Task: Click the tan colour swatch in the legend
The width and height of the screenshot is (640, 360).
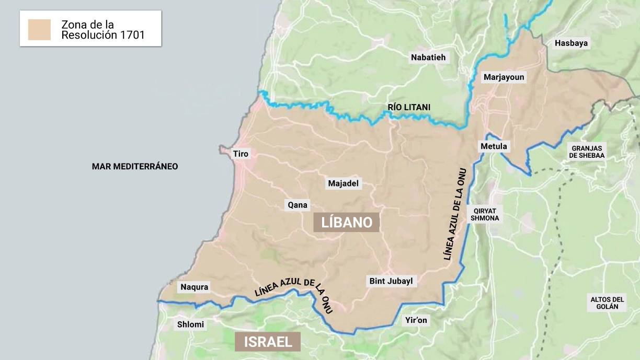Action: tap(40, 30)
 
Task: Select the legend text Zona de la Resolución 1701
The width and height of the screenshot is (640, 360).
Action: tap(102, 30)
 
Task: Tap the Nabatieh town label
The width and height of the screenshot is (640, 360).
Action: tap(428, 57)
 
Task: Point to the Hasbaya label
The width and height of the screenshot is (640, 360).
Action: tap(572, 43)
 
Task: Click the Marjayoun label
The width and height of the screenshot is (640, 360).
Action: tap(504, 77)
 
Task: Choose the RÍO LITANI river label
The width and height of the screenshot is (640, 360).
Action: tap(409, 107)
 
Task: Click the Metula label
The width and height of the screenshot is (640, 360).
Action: tap(494, 147)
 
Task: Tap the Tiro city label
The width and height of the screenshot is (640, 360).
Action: tap(241, 154)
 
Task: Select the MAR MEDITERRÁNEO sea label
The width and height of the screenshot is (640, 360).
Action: tap(135, 167)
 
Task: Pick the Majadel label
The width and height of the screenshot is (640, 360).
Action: tap(345, 184)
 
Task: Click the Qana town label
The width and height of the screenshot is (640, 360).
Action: tap(298, 205)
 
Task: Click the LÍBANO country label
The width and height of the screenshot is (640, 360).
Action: tap(346, 222)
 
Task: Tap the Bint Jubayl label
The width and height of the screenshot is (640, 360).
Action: tap(391, 281)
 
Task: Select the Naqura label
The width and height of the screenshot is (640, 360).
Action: tap(195, 287)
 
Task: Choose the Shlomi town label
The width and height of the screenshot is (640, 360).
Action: tap(191, 324)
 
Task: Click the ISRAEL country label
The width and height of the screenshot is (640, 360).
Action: tap(268, 342)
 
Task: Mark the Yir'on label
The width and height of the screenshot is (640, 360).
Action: tap(416, 321)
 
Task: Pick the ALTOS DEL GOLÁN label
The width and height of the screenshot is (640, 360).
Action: tap(607, 303)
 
